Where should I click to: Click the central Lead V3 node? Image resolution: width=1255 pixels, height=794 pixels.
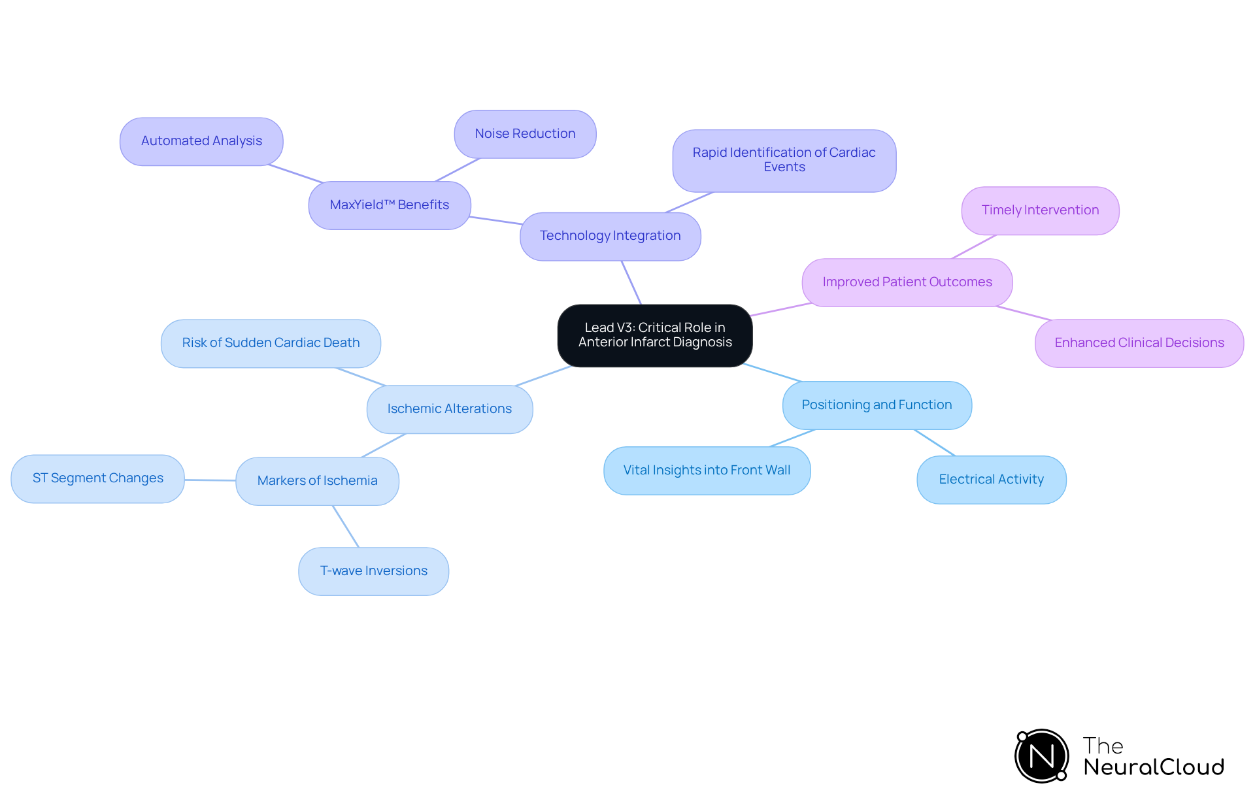click(x=654, y=335)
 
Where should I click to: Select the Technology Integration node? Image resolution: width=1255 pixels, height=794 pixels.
click(x=610, y=236)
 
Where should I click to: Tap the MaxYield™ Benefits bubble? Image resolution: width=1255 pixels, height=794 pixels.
click(x=389, y=205)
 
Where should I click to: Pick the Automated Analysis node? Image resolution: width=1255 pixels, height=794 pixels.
click(x=201, y=141)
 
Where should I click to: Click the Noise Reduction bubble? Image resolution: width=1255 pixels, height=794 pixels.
click(x=525, y=134)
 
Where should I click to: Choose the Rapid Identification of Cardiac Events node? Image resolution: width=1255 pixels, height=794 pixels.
click(x=784, y=160)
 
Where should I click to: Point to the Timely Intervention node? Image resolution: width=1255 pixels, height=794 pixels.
click(x=1040, y=210)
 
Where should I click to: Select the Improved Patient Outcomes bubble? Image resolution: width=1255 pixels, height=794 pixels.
click(x=907, y=282)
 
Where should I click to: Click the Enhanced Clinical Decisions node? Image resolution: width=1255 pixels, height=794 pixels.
click(x=1139, y=343)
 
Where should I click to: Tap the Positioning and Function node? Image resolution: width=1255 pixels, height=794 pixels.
click(x=877, y=405)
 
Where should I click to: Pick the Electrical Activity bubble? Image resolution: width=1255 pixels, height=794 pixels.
click(x=991, y=480)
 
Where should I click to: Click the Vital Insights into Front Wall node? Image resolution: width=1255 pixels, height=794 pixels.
click(x=707, y=471)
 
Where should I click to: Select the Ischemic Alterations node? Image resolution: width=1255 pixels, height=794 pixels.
click(x=449, y=409)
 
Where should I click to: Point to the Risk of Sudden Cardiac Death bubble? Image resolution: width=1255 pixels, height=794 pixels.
click(x=271, y=343)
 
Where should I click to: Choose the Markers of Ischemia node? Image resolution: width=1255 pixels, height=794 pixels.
click(x=317, y=481)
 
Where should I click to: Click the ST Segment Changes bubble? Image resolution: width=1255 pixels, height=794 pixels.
click(x=97, y=478)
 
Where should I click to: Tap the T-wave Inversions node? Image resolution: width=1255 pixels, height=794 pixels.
click(x=373, y=571)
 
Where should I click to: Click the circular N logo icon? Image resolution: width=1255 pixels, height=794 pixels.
click(x=1041, y=756)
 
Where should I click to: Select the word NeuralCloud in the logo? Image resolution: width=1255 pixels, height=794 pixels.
click(x=1153, y=767)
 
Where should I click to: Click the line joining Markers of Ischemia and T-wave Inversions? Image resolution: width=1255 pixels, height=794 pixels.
click(x=346, y=526)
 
